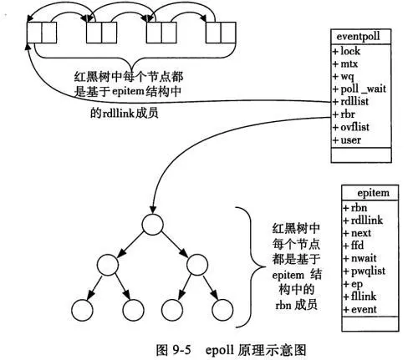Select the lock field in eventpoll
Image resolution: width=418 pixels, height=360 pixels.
tap(350, 51)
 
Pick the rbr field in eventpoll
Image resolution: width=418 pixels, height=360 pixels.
tap(349, 115)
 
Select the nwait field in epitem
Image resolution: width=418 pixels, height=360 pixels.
tap(363, 258)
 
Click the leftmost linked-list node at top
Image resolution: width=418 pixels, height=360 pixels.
tap(40, 33)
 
